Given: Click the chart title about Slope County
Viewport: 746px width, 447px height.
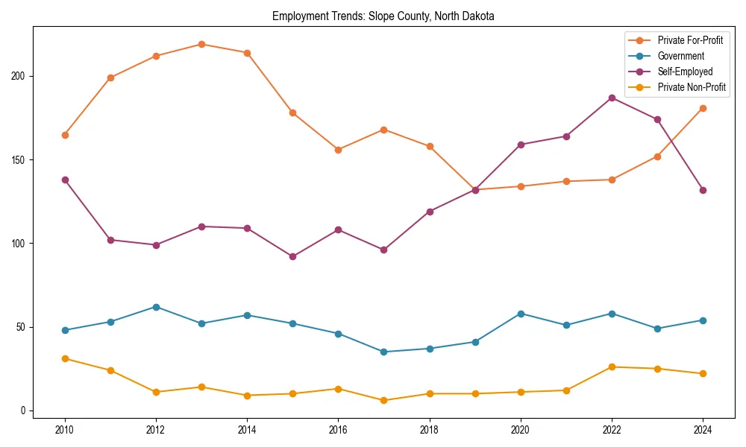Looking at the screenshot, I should point(383,16).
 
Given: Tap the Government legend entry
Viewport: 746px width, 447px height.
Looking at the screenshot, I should point(680,56).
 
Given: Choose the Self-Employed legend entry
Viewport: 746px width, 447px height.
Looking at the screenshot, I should point(685,72).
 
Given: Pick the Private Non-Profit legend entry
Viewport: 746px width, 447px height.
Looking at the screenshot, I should point(692,87).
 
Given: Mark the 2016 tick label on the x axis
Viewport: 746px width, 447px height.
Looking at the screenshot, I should point(338,429).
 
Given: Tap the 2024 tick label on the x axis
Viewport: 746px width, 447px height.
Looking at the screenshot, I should point(703,429).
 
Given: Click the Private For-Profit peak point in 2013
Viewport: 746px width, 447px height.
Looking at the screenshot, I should point(201,44).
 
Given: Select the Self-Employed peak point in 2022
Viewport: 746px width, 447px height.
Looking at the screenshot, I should point(612,98).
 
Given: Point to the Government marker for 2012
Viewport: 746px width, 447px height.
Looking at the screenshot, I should point(156,307).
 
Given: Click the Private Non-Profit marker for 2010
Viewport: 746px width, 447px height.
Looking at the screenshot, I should point(65,358).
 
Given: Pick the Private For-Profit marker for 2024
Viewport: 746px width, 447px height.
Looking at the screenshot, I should point(703,108).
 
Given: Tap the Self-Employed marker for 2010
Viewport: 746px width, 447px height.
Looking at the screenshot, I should point(65,180).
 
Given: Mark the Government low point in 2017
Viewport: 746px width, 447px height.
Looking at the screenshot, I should point(383,352).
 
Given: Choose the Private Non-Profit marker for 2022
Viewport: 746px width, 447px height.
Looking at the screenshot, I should point(612,367).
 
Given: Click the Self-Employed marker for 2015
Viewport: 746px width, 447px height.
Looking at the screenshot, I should point(292,256).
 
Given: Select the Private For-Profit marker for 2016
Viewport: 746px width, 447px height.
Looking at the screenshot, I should point(338,150).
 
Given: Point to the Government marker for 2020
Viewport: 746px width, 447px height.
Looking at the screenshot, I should point(521,314).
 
